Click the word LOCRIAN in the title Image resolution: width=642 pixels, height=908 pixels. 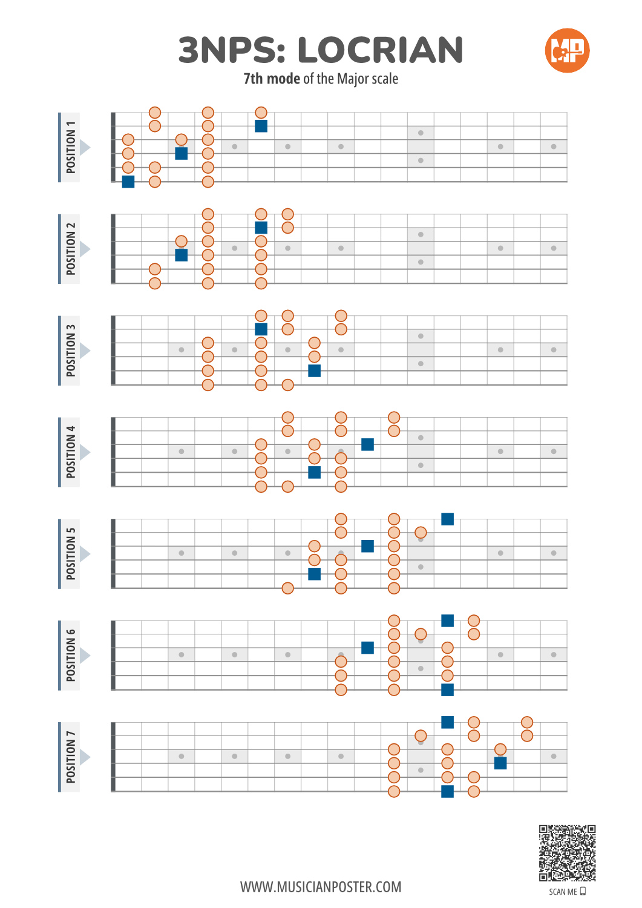point(380,50)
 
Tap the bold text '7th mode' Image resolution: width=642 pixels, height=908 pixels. point(272,79)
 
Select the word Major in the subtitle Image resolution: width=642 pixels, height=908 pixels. point(352,79)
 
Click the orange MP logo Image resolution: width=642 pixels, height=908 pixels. point(567,50)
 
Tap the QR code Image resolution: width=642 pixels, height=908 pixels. point(567,853)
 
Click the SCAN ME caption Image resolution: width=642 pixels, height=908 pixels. point(567,892)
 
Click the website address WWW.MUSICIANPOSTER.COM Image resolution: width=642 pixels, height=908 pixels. point(321,887)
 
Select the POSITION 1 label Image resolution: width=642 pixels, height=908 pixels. point(70,147)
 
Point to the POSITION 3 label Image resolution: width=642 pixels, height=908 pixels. point(70,350)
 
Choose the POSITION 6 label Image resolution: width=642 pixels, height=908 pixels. point(70,655)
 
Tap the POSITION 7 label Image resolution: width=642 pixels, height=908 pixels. point(70,757)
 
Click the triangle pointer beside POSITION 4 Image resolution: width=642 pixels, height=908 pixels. point(84,452)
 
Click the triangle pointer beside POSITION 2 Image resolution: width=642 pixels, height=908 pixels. point(84,249)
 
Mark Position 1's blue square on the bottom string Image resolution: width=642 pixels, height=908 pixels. point(128,182)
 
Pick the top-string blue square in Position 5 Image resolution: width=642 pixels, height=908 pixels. point(447,519)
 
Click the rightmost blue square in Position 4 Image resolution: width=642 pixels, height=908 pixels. point(368,444)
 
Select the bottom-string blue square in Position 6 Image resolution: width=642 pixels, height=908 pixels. point(447,689)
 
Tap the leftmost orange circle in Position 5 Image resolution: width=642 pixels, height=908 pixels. point(288,588)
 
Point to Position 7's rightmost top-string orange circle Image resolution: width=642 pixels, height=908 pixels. point(527,722)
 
